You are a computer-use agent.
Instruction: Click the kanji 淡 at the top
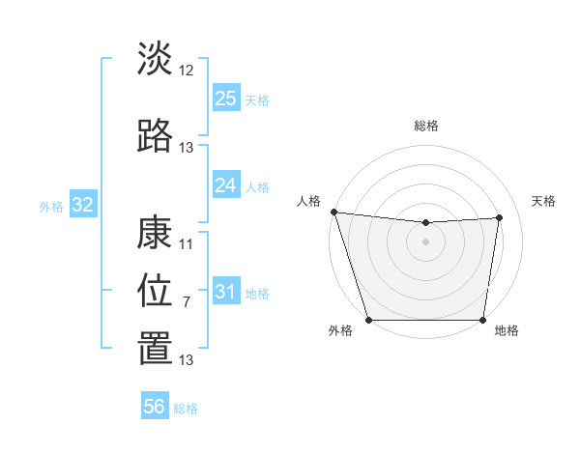155,59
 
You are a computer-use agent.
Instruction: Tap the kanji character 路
155,136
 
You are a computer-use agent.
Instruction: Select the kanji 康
155,233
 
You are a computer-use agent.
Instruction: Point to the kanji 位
155,291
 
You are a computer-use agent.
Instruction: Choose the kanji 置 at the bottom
155,350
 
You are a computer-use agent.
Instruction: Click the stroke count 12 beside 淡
187,70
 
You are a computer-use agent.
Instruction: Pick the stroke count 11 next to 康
187,243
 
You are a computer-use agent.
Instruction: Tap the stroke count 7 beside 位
187,301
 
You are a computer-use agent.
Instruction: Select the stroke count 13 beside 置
187,360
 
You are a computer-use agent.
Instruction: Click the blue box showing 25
226,98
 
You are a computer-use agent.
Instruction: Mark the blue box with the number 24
226,184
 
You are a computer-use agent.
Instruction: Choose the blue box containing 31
226,291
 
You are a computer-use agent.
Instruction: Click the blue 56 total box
155,407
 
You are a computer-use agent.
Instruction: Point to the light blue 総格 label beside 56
186,409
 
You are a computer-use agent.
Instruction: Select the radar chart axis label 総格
426,126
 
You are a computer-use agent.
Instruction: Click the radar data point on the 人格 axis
333,212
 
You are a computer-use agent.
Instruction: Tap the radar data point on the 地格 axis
482,320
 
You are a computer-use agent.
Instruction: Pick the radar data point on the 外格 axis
368,320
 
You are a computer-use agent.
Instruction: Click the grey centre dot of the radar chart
425,241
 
